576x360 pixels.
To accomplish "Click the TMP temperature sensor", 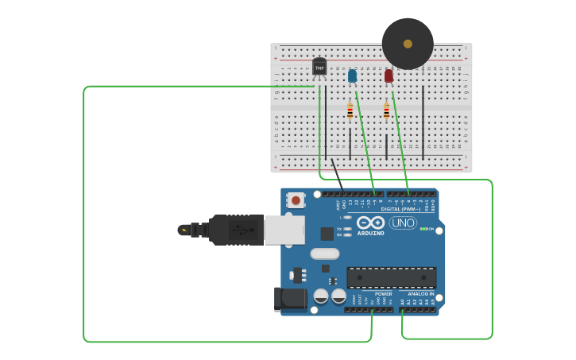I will tap(319, 68).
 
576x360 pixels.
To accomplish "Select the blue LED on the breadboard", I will tap(352, 75).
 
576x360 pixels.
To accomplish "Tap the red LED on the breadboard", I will tap(389, 76).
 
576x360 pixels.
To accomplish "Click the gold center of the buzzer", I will tap(408, 44).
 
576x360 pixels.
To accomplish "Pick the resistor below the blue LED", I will tap(350, 111).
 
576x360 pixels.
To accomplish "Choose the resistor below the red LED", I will tap(387, 111).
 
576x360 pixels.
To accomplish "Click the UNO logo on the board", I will tap(403, 223).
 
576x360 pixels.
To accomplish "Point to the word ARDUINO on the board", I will tap(371, 234).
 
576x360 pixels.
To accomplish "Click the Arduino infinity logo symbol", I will tap(370, 223).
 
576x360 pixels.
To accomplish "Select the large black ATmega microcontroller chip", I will tap(391, 277).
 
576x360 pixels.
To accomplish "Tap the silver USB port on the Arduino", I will tap(284, 230).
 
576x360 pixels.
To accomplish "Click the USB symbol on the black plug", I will tap(238, 230).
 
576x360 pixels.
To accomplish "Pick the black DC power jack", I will tap(289, 299).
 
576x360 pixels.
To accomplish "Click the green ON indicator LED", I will tap(424, 229).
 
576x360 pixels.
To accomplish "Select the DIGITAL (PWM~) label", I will tap(401, 209).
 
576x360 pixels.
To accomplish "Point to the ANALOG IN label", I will tap(421, 294).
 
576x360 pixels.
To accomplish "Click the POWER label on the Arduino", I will tap(383, 294).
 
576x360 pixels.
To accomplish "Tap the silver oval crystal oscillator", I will tap(324, 254).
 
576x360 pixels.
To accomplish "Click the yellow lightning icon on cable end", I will tap(184, 230).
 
